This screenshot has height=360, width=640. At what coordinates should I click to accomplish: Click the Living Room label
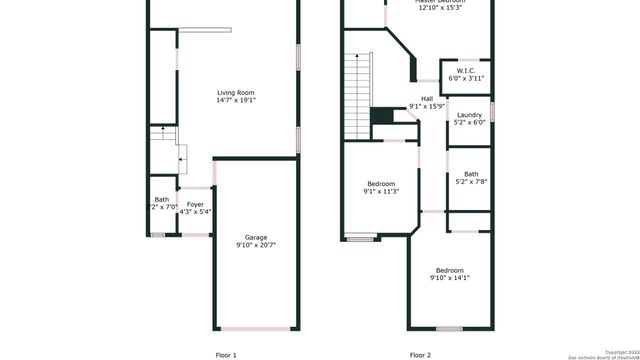point(236,93)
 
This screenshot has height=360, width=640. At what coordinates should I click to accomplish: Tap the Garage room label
point(256,237)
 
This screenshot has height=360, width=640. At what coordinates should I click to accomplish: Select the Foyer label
point(195,204)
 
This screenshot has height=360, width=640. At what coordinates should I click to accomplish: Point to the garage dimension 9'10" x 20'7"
point(256,245)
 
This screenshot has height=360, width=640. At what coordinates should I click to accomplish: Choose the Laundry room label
point(469,115)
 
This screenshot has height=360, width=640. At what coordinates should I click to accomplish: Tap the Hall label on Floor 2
point(427,98)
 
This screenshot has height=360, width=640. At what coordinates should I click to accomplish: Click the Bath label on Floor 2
point(470,174)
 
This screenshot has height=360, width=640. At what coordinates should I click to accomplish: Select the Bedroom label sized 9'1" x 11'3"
point(381,183)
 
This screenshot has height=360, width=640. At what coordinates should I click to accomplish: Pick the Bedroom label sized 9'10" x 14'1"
point(449,270)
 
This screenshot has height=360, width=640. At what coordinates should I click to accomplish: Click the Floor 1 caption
point(227,354)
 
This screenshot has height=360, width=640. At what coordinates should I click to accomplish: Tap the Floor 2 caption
point(420,354)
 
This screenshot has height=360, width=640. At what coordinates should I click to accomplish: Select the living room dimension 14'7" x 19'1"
point(236,101)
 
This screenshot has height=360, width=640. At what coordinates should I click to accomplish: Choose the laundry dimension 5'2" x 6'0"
point(469,123)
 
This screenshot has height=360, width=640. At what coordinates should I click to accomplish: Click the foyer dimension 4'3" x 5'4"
point(195,212)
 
